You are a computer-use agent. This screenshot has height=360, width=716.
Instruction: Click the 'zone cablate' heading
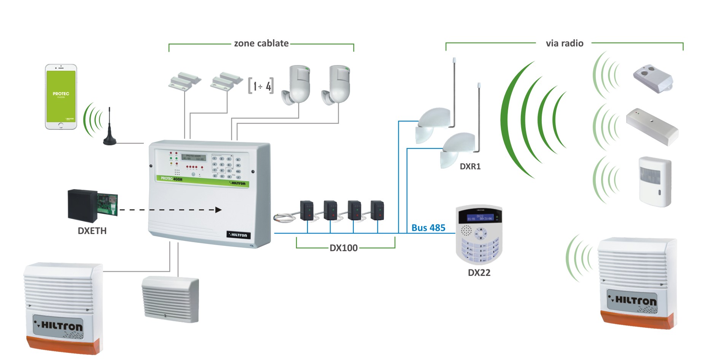(x=261, y=43)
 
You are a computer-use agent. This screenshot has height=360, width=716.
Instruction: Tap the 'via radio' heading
(x=564, y=43)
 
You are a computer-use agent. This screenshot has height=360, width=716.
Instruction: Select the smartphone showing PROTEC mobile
(x=61, y=97)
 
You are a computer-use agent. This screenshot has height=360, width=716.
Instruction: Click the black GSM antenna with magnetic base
(x=110, y=129)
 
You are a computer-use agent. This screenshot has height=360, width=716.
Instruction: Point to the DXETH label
(x=92, y=231)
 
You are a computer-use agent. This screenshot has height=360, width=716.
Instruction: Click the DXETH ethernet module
(x=92, y=205)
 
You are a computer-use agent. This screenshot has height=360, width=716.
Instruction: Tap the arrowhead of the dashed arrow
(x=218, y=210)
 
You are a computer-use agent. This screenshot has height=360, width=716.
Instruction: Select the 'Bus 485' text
(x=428, y=228)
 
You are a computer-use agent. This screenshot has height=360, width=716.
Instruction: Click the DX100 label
(x=344, y=248)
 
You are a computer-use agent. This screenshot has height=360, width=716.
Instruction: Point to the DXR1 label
(x=470, y=167)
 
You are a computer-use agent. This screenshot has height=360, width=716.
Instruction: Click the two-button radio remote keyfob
(x=653, y=78)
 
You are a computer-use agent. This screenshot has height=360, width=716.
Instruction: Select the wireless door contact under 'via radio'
(x=652, y=127)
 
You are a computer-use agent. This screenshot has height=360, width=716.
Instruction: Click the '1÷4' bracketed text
(x=261, y=86)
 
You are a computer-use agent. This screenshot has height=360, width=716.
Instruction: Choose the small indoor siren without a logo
(x=170, y=299)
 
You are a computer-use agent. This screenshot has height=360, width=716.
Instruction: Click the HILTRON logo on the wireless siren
(x=632, y=300)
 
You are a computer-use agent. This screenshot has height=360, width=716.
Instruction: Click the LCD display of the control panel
(x=194, y=157)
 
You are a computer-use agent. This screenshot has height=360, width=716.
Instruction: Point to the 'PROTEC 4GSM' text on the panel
(x=171, y=178)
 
